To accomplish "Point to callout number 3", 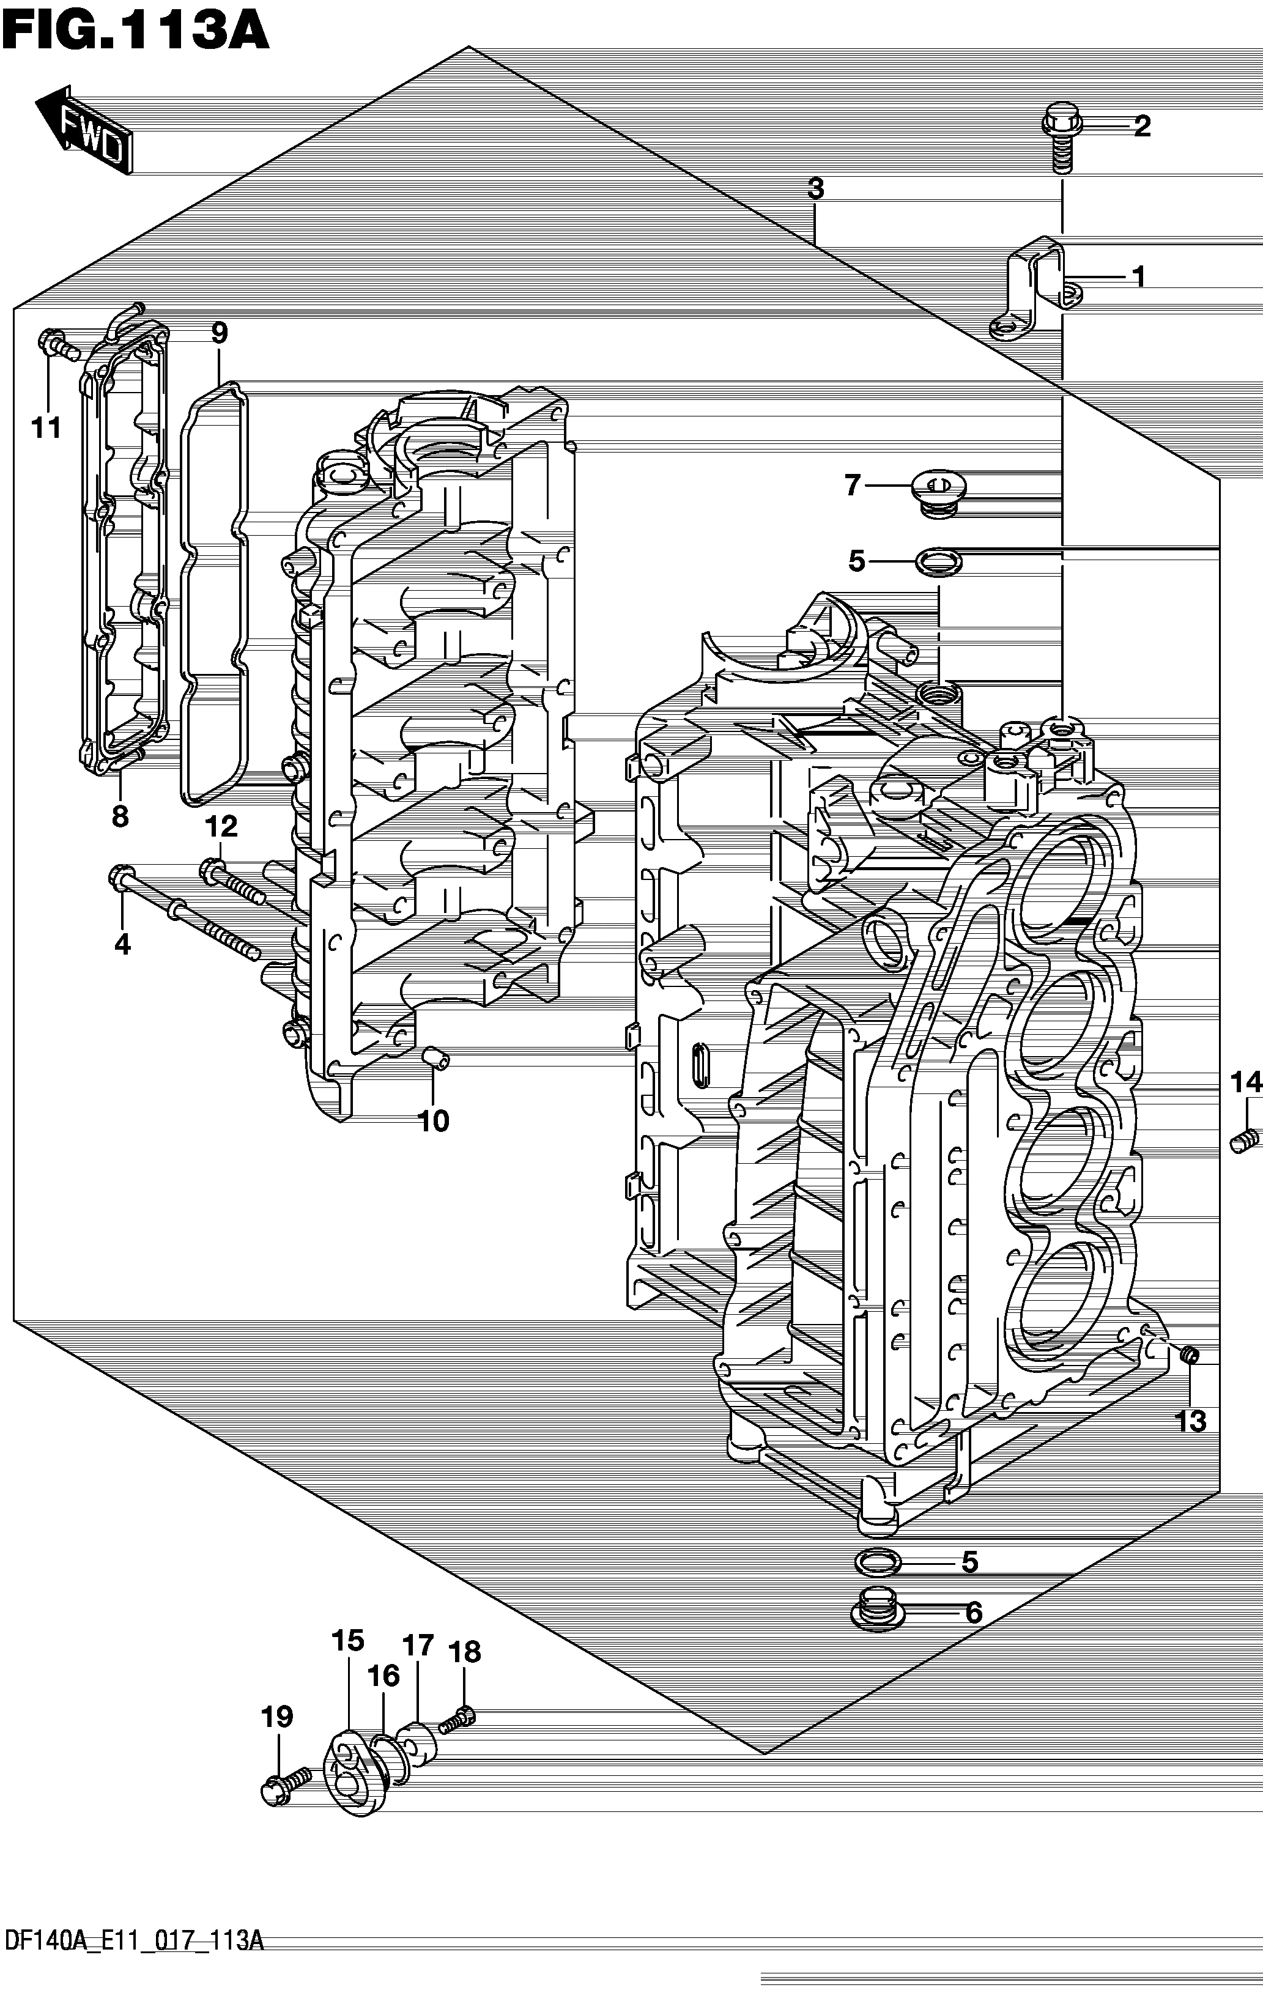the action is tap(816, 189).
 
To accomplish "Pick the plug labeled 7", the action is tap(938, 494).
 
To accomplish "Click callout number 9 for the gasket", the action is tap(219, 333).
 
